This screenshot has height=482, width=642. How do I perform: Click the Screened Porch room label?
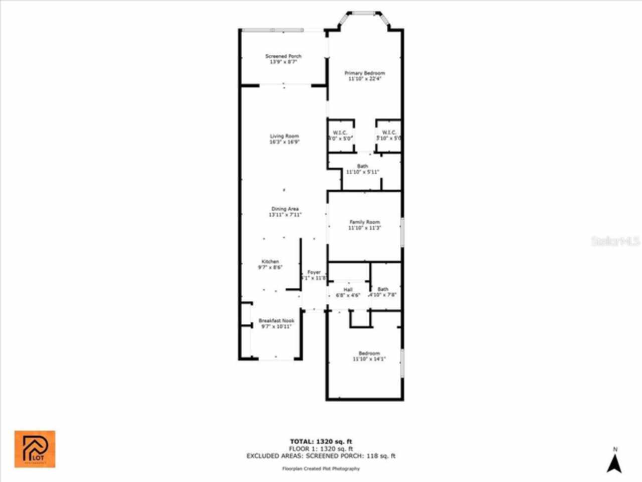point(283,59)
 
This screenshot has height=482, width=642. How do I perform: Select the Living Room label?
point(284,139)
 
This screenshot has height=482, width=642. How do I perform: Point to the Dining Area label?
point(285,212)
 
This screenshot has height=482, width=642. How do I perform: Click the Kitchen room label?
point(270,265)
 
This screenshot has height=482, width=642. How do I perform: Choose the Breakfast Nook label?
point(276,323)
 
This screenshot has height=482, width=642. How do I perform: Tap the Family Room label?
point(365,225)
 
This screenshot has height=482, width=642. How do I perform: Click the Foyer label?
point(314,275)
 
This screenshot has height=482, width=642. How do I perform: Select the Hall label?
point(348,292)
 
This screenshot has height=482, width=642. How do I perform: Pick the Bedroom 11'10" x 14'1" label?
point(369,356)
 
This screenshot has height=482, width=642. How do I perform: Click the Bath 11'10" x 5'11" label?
point(362,169)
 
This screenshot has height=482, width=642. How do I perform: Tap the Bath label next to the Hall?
point(383,292)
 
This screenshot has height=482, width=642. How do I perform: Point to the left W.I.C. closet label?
point(340,135)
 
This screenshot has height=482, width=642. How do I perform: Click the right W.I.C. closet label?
point(389,135)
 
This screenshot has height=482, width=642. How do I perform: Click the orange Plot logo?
point(35,449)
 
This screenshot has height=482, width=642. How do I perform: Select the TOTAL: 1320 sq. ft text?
point(320,442)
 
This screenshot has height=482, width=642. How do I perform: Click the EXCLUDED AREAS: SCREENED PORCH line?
point(320,456)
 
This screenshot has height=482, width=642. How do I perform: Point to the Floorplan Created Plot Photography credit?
point(320,468)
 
